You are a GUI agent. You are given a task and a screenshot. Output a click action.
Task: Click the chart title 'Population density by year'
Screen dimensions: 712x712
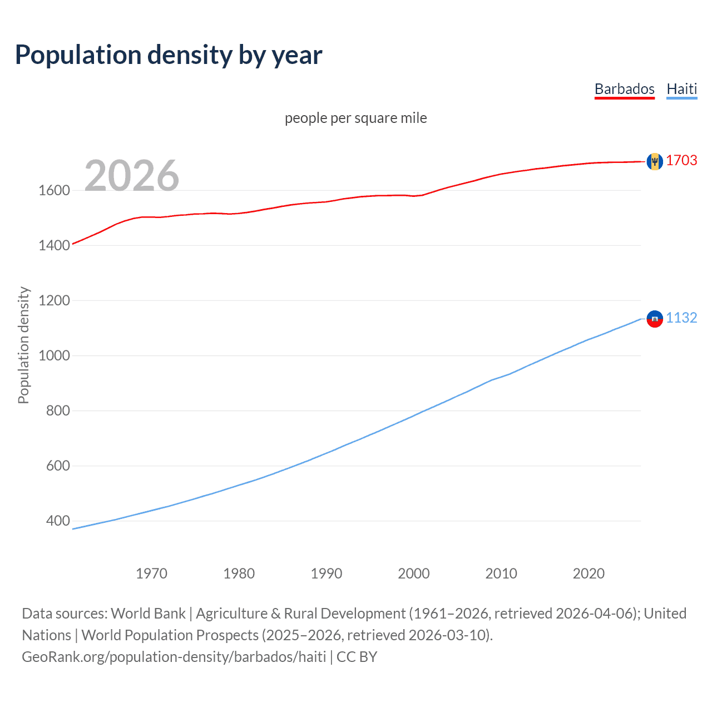[x=169, y=55]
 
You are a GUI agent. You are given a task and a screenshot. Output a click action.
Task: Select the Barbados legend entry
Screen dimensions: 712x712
[x=624, y=89]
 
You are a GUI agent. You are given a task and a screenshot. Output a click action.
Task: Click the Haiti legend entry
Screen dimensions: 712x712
[x=681, y=89]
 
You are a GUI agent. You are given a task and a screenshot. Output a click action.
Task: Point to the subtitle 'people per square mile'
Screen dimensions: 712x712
[x=355, y=118]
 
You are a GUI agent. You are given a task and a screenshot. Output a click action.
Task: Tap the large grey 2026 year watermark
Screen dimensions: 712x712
[x=132, y=176]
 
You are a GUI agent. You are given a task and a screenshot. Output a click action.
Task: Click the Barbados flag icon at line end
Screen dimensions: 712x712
[x=655, y=161]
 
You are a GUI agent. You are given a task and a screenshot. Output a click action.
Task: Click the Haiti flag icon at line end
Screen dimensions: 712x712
[x=655, y=319]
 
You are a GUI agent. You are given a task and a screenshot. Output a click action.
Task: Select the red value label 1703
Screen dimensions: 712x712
[x=681, y=161]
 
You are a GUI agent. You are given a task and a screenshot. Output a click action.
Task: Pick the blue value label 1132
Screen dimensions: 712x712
[x=681, y=318]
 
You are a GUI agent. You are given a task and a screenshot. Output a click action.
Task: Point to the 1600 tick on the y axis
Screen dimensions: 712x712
[x=54, y=190]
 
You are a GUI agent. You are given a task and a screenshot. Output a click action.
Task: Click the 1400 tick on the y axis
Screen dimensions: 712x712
[x=54, y=245]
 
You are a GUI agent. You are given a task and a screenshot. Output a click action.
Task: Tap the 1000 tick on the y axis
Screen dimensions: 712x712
[x=54, y=355]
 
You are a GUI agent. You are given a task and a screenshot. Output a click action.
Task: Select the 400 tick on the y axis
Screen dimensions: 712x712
[x=58, y=521]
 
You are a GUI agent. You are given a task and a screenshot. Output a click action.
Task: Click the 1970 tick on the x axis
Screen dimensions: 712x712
[x=151, y=573]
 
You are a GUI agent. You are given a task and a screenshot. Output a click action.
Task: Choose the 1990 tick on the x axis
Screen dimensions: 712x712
[x=327, y=573]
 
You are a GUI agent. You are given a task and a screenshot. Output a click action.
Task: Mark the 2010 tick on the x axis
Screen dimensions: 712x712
[x=501, y=573]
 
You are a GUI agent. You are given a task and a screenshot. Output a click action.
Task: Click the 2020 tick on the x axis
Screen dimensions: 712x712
[x=589, y=573]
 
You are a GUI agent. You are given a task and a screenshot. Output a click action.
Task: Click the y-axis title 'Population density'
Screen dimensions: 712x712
[x=23, y=345]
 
